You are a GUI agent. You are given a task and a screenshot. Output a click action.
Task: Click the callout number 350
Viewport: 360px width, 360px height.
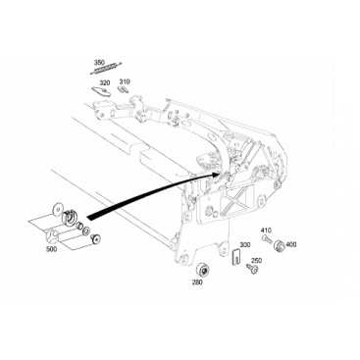[99, 63]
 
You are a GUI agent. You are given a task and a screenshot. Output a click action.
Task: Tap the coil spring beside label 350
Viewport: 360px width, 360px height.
[105, 68]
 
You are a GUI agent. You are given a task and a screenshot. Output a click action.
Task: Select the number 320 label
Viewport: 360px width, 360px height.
[105, 82]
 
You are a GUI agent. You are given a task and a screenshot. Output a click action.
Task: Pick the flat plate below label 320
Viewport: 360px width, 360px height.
[101, 91]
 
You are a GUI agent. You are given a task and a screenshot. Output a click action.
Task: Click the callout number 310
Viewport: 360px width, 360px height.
[125, 81]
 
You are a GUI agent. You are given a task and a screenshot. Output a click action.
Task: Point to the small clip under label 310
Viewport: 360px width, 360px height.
[123, 89]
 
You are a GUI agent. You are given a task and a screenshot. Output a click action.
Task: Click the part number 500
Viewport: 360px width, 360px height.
[52, 249]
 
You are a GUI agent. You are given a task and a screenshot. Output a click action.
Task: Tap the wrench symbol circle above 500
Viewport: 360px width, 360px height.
[52, 235]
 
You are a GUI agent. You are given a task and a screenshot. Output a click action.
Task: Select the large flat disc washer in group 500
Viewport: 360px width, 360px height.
[58, 209]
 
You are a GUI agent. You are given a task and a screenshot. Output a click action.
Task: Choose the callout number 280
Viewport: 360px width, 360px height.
[197, 282]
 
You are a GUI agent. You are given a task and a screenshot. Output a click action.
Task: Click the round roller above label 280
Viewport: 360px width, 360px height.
[201, 269]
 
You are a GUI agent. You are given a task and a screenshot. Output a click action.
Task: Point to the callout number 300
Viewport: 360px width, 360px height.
[245, 244]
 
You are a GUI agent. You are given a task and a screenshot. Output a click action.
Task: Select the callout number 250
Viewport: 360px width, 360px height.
[256, 261]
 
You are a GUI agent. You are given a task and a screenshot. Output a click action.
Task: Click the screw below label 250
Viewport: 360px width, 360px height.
[252, 269]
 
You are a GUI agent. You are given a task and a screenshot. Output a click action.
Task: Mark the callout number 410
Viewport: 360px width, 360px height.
[266, 231]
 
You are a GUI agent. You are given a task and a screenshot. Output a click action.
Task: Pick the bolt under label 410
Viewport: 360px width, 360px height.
[267, 239]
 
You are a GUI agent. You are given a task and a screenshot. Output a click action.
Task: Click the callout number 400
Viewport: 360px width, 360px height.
[291, 244]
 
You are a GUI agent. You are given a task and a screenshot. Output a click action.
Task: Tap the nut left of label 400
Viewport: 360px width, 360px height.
[279, 245]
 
